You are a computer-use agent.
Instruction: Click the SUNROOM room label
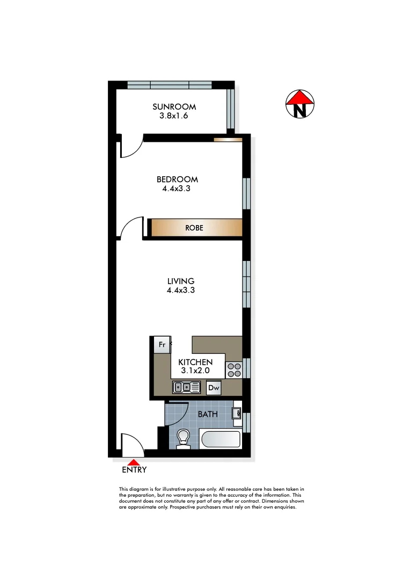tap(174, 106)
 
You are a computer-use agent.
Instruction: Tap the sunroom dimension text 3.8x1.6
tap(174, 115)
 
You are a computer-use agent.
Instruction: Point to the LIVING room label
tap(180, 281)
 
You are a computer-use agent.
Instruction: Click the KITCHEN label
tap(195, 363)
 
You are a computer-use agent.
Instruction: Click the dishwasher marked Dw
tap(214, 387)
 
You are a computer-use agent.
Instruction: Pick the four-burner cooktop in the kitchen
tap(234, 369)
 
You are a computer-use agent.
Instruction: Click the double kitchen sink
tap(186, 387)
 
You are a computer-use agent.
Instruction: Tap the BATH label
tap(207, 414)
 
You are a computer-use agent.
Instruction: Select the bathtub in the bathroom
tap(220, 439)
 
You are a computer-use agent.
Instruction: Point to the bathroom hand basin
tap(236, 413)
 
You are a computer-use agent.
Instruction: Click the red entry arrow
tap(134, 461)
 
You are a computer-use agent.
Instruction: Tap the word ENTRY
tap(134, 470)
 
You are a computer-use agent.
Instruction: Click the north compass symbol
tap(299, 104)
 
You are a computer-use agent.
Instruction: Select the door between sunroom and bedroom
tap(130, 147)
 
